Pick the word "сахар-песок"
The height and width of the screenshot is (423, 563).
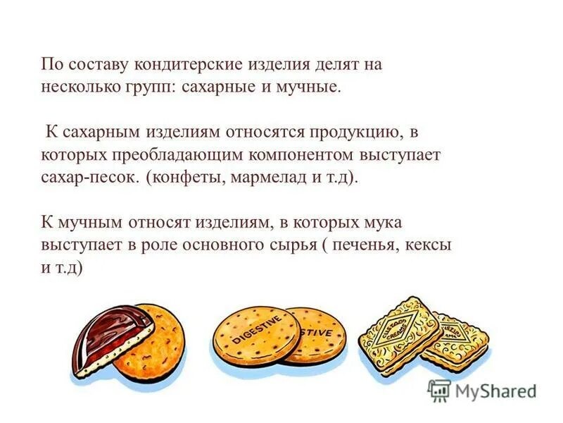point(91,177)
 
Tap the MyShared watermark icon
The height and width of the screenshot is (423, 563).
point(440,391)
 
